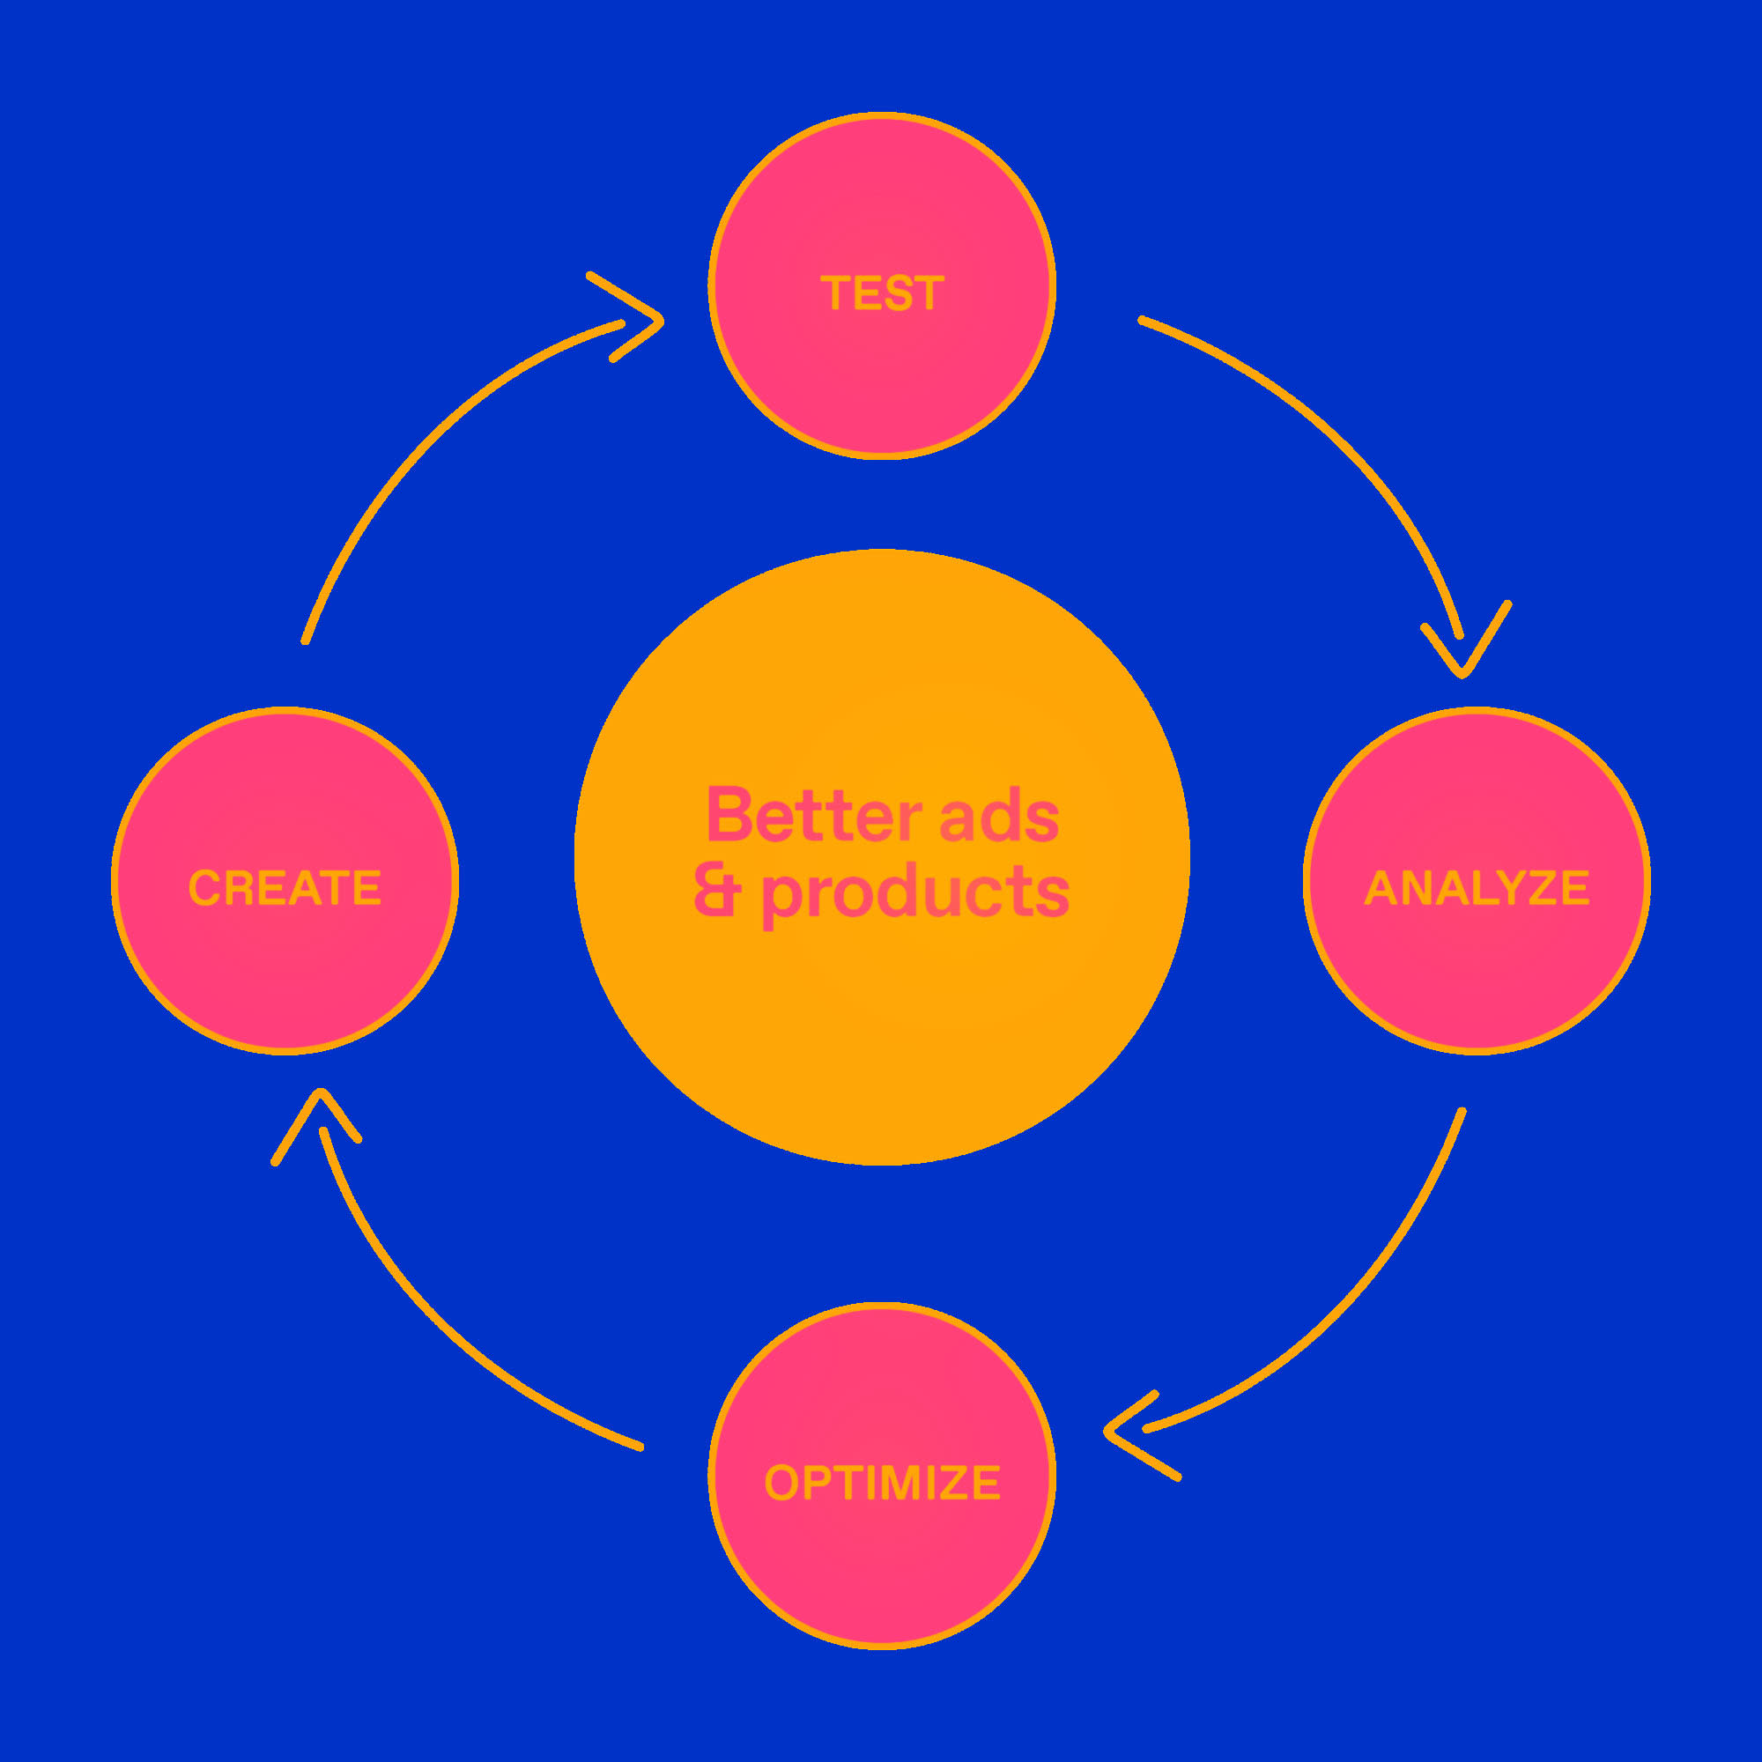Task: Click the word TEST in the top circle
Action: point(881,293)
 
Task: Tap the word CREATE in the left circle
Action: point(285,888)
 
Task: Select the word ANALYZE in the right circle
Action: point(1477,888)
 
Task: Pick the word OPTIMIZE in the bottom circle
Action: point(882,1483)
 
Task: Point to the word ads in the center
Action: point(1000,817)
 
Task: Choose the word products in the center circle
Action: point(915,893)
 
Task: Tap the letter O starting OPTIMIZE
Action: point(781,1483)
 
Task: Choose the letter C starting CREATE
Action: point(204,888)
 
